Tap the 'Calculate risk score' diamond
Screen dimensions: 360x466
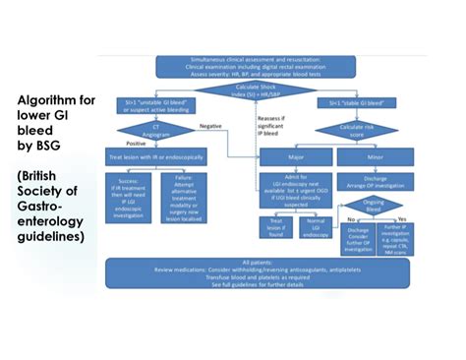[361, 128]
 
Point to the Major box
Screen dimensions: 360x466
[294, 155]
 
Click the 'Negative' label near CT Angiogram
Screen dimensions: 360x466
[210, 126]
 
